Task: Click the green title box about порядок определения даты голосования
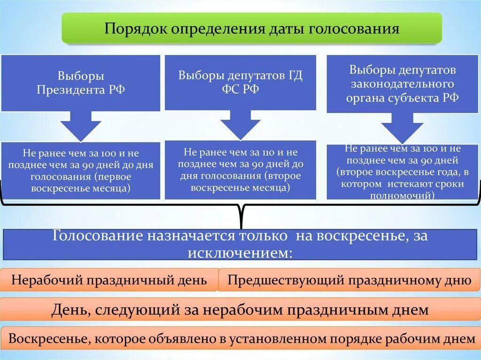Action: [x=252, y=29]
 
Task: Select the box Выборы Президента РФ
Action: [x=81, y=83]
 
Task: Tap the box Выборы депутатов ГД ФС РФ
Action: [x=240, y=83]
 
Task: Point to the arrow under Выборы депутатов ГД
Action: [x=240, y=124]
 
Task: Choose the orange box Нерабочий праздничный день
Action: [x=109, y=280]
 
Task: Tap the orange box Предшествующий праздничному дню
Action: [x=349, y=280]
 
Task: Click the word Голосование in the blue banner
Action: [x=99, y=236]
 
